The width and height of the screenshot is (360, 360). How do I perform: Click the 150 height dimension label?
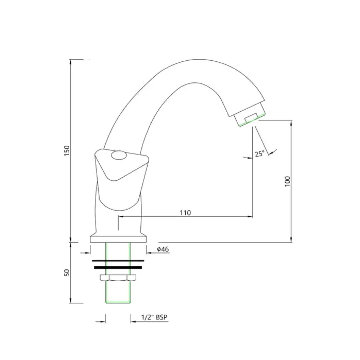(67, 151)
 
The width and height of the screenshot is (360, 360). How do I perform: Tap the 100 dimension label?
(287, 181)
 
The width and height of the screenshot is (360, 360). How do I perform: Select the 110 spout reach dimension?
(185, 213)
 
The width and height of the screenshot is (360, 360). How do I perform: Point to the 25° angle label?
(260, 154)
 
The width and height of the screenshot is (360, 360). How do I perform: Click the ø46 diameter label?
(163, 249)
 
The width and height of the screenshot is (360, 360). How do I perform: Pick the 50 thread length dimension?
(67, 273)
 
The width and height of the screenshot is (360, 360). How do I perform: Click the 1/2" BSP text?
(154, 317)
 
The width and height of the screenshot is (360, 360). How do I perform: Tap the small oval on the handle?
(119, 155)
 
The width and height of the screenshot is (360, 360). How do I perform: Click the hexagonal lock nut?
(118, 278)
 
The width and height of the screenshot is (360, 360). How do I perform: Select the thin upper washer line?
(118, 261)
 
